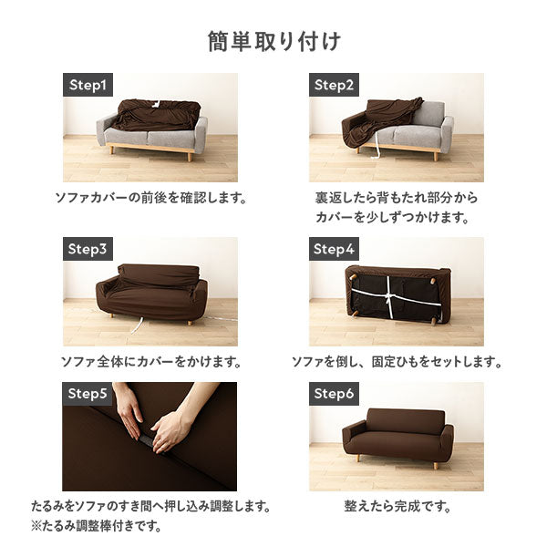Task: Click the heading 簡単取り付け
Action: tap(273, 42)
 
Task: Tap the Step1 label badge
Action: tap(88, 85)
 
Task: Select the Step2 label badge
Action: tap(334, 85)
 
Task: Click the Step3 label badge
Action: tap(88, 249)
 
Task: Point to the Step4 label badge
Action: tap(334, 249)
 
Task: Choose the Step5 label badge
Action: tap(88, 394)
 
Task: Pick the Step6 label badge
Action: tap(334, 394)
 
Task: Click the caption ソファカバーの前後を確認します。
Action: tap(151, 198)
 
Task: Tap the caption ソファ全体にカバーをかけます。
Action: tap(151, 362)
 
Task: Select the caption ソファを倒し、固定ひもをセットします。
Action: tap(397, 362)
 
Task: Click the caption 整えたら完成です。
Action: tap(397, 506)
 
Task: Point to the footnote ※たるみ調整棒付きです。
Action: tap(97, 526)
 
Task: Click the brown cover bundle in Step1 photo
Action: tap(157, 115)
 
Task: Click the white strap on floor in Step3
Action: tap(139, 325)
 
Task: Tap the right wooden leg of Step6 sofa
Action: tap(436, 465)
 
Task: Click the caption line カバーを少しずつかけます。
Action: tap(392, 217)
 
